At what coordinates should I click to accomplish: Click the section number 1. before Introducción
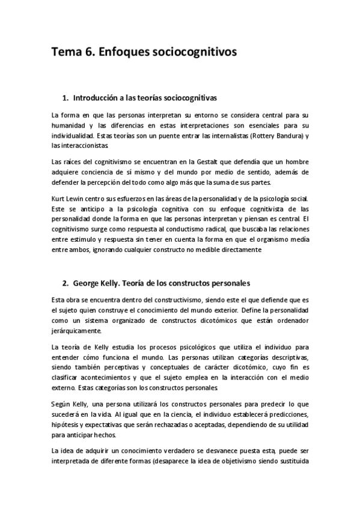pos(66,97)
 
